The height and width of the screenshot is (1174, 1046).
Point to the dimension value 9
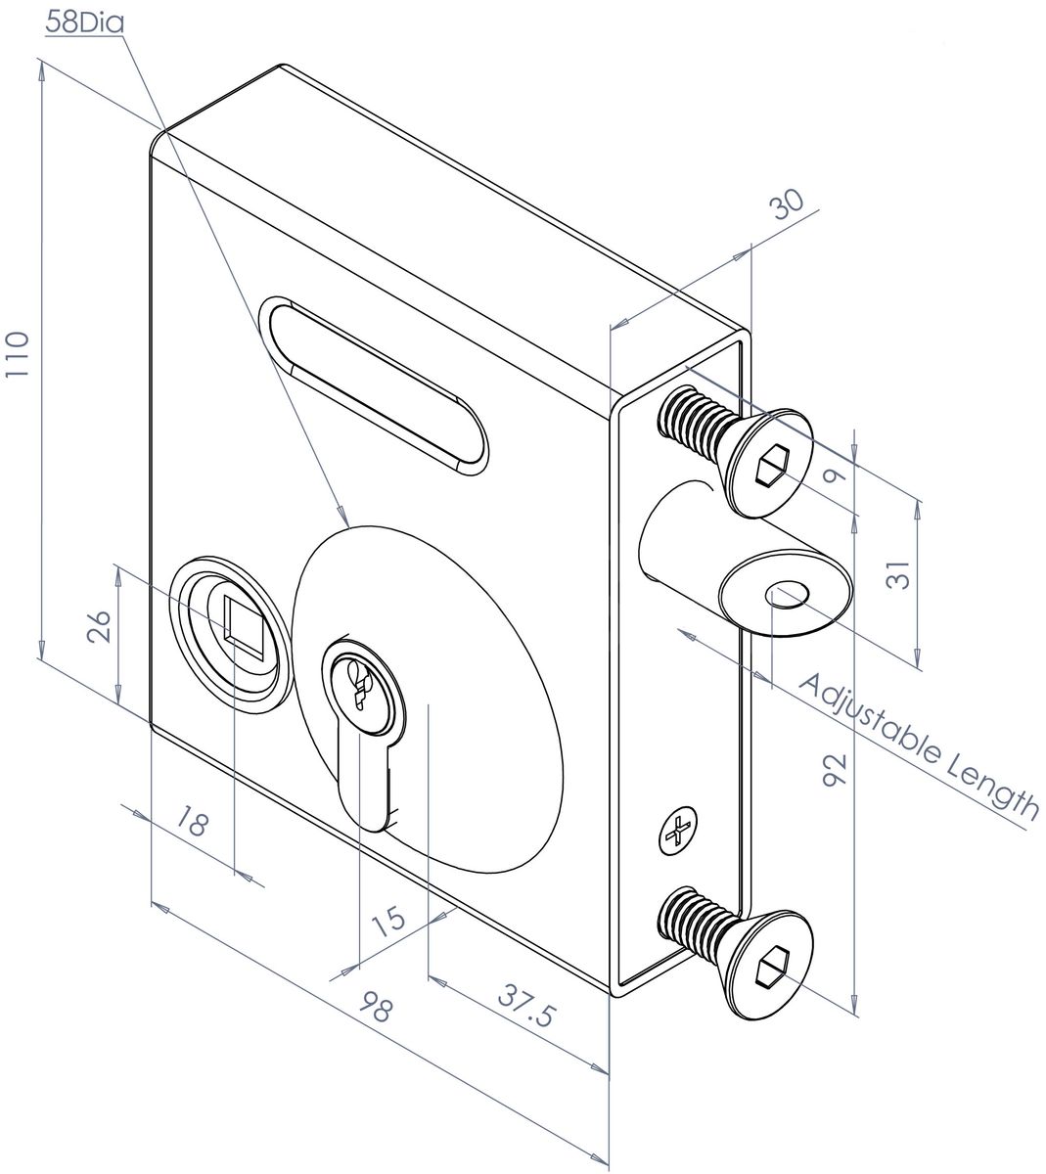(833, 476)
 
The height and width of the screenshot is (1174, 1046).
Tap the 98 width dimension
(376, 1007)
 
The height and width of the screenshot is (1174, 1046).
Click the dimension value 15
(388, 920)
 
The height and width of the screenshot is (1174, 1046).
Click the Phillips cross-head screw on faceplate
(676, 832)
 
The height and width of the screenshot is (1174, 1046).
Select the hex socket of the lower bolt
(772, 966)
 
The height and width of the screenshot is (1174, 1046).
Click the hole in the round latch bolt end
(789, 593)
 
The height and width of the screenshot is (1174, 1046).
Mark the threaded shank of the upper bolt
(694, 424)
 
